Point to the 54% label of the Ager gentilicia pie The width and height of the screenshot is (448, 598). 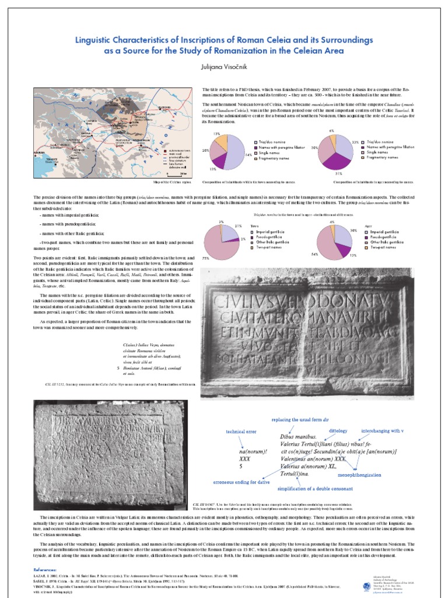tap(314, 254)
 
